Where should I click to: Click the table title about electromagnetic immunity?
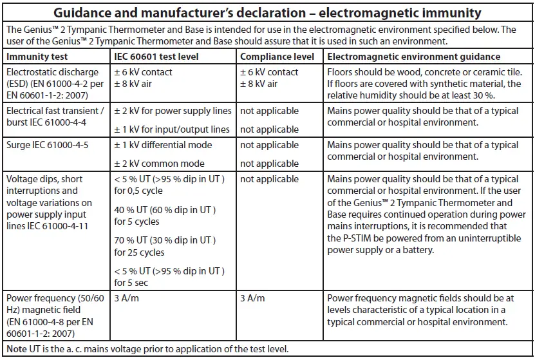(x=267, y=12)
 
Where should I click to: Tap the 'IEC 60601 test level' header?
(x=156, y=57)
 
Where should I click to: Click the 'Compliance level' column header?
(x=277, y=57)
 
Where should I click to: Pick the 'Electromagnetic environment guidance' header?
(x=414, y=57)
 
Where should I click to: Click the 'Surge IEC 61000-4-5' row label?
(x=48, y=145)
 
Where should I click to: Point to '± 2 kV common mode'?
(x=159, y=163)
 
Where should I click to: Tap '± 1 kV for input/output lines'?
(x=172, y=129)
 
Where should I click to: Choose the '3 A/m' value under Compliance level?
(x=252, y=298)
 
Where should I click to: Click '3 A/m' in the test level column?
(x=127, y=298)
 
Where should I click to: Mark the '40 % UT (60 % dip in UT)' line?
(x=165, y=211)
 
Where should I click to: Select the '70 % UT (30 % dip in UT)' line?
(x=165, y=240)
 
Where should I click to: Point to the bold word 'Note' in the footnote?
(x=17, y=349)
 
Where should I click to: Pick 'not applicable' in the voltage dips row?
(x=269, y=180)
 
